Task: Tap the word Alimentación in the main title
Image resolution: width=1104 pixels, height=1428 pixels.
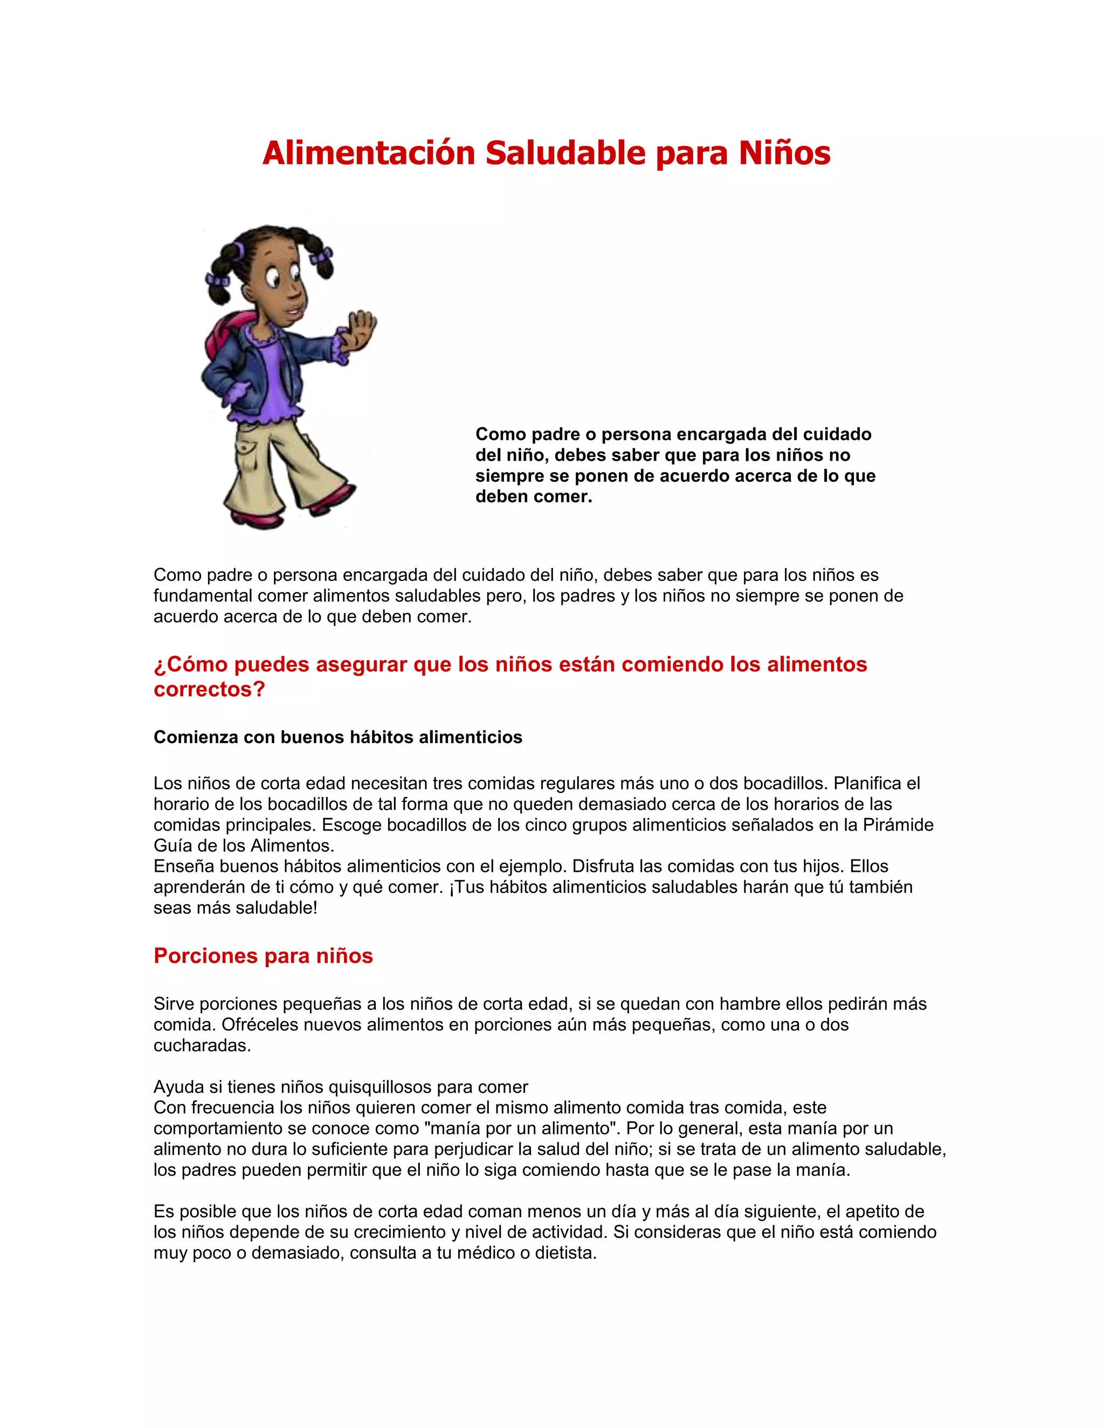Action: pyautogui.click(x=368, y=153)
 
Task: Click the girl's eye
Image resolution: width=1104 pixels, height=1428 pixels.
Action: pyautogui.click(x=273, y=282)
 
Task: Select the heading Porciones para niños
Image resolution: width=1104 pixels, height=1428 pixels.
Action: pyautogui.click(x=263, y=956)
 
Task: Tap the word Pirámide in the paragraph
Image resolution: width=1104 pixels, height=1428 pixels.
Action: pyautogui.click(x=898, y=824)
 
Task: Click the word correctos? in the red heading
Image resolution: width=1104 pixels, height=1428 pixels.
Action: pyautogui.click(x=209, y=689)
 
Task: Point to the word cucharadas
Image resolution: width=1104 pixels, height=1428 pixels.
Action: pyautogui.click(x=202, y=1045)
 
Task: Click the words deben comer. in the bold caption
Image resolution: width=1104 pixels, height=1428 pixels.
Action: pyautogui.click(x=534, y=496)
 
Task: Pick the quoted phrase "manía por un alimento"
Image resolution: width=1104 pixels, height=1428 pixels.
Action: pyautogui.click(x=521, y=1128)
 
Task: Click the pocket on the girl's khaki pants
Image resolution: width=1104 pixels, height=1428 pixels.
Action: pyautogui.click(x=248, y=449)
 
